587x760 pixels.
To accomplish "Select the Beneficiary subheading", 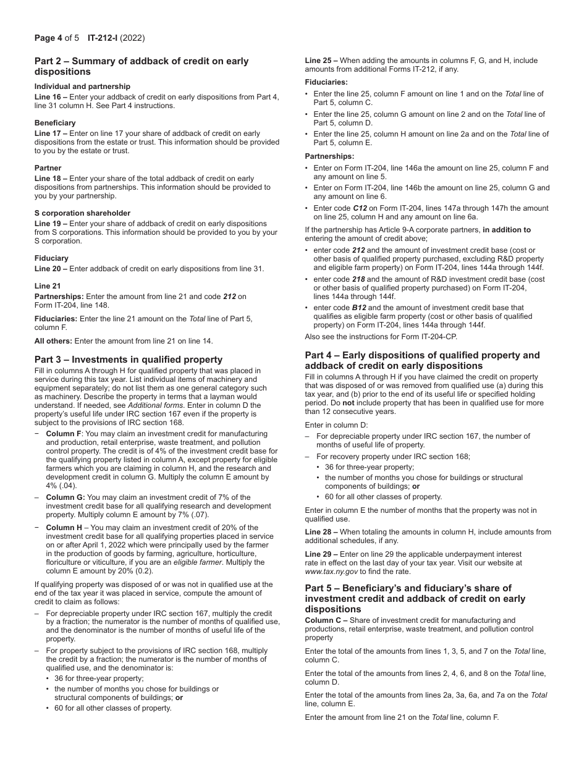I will pyautogui.click(x=55, y=123).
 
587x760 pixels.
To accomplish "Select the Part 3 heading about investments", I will pyautogui.click(x=129, y=360).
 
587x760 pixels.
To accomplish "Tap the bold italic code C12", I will pyautogui.click(x=360, y=208).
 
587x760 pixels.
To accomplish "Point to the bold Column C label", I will pyautogui.click(x=323, y=620).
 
